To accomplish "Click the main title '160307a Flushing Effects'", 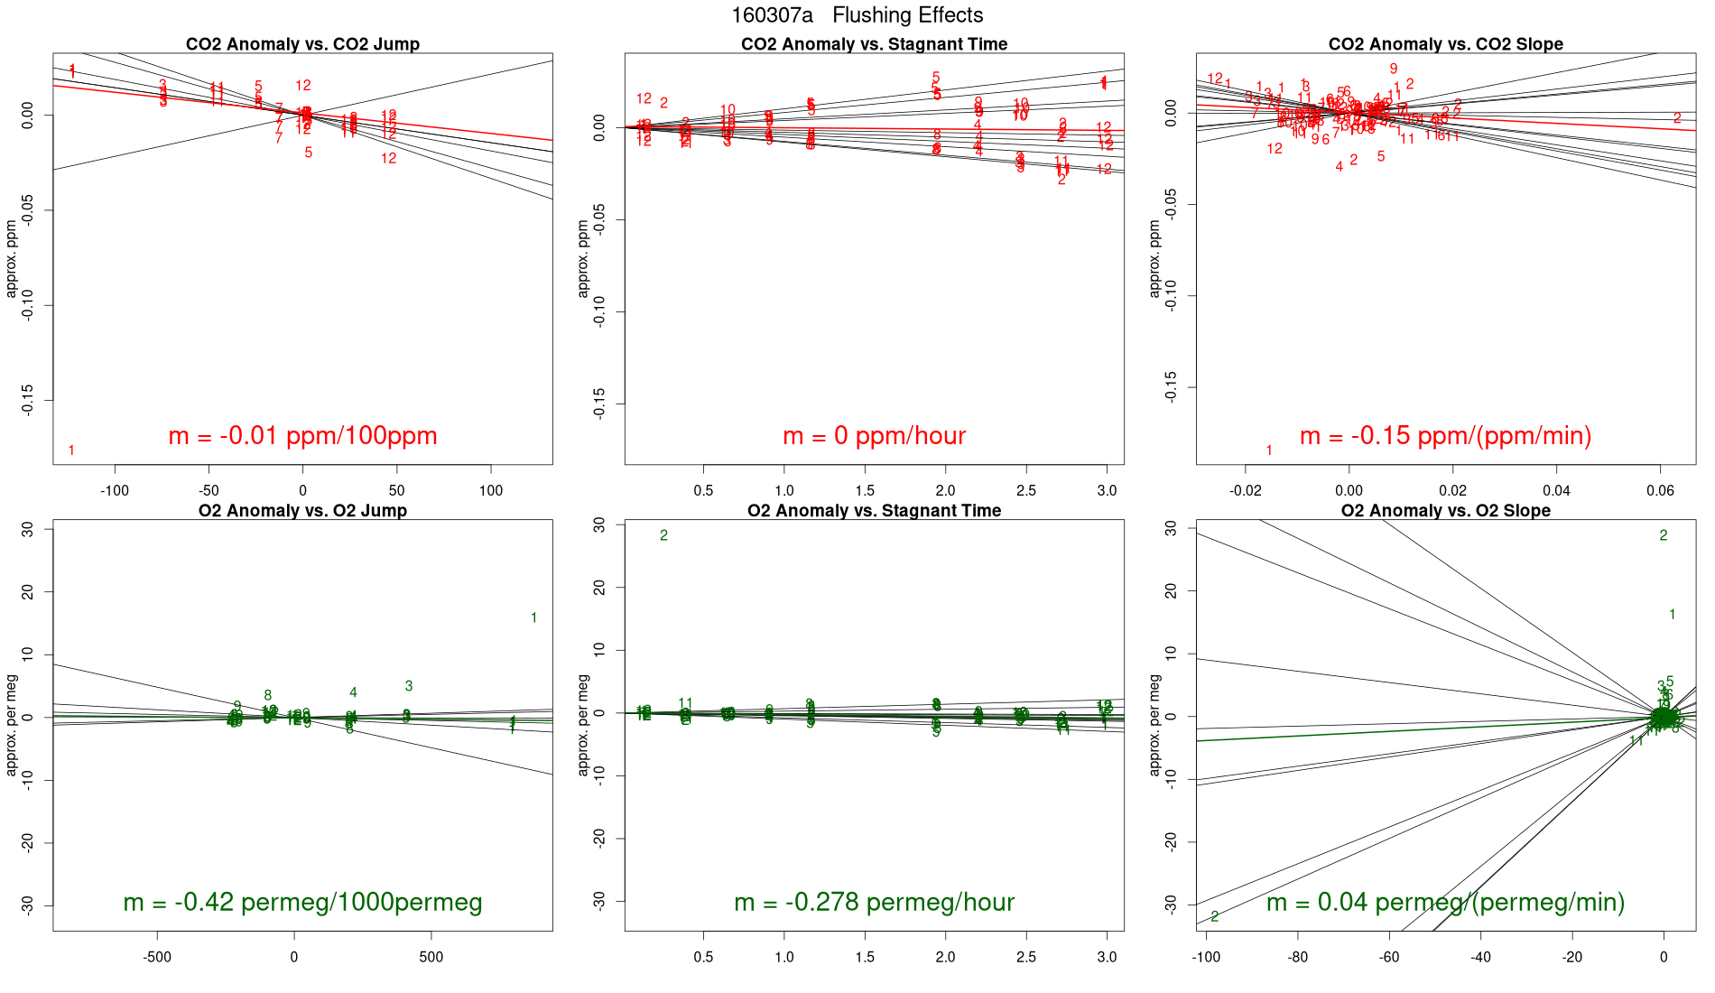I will [x=857, y=15].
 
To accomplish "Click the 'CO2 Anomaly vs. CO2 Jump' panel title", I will [x=302, y=44].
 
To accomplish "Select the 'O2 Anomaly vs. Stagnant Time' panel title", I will [x=874, y=511].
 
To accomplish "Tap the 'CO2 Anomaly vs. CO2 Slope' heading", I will [x=1445, y=44].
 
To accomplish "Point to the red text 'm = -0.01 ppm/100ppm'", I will [x=302, y=436].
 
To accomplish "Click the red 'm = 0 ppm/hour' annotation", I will [x=874, y=436].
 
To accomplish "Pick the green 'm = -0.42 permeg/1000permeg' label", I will [x=302, y=902].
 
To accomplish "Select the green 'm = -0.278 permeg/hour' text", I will [x=874, y=902].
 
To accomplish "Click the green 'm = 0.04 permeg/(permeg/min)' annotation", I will [x=1445, y=902].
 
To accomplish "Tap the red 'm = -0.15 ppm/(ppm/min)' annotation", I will [x=1445, y=436].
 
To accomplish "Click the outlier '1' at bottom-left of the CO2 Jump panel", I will [x=71, y=450].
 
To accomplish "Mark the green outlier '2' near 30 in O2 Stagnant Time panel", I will [x=663, y=536].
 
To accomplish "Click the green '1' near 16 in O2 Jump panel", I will [x=533, y=618].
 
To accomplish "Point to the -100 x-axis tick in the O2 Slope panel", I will [x=1206, y=957].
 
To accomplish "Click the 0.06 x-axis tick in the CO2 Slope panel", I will [x=1660, y=490].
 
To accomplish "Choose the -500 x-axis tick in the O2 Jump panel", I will [x=156, y=957].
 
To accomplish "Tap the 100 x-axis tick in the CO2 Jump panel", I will [x=490, y=490].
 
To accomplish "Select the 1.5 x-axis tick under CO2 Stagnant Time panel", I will [x=865, y=490].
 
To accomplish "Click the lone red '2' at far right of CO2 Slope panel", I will [x=1677, y=118].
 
